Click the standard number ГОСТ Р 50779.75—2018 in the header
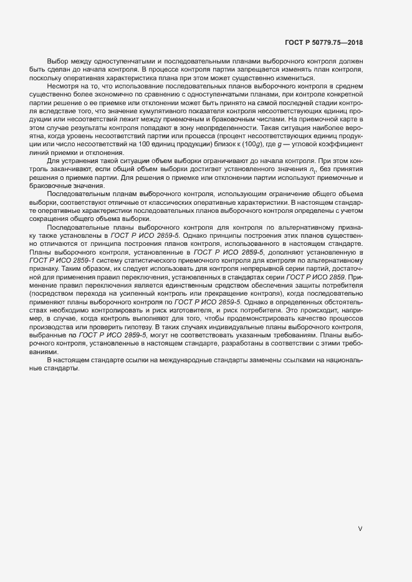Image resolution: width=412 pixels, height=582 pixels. pyautogui.click(x=323, y=42)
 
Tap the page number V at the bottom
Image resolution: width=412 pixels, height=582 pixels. pyautogui.click(x=360, y=528)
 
